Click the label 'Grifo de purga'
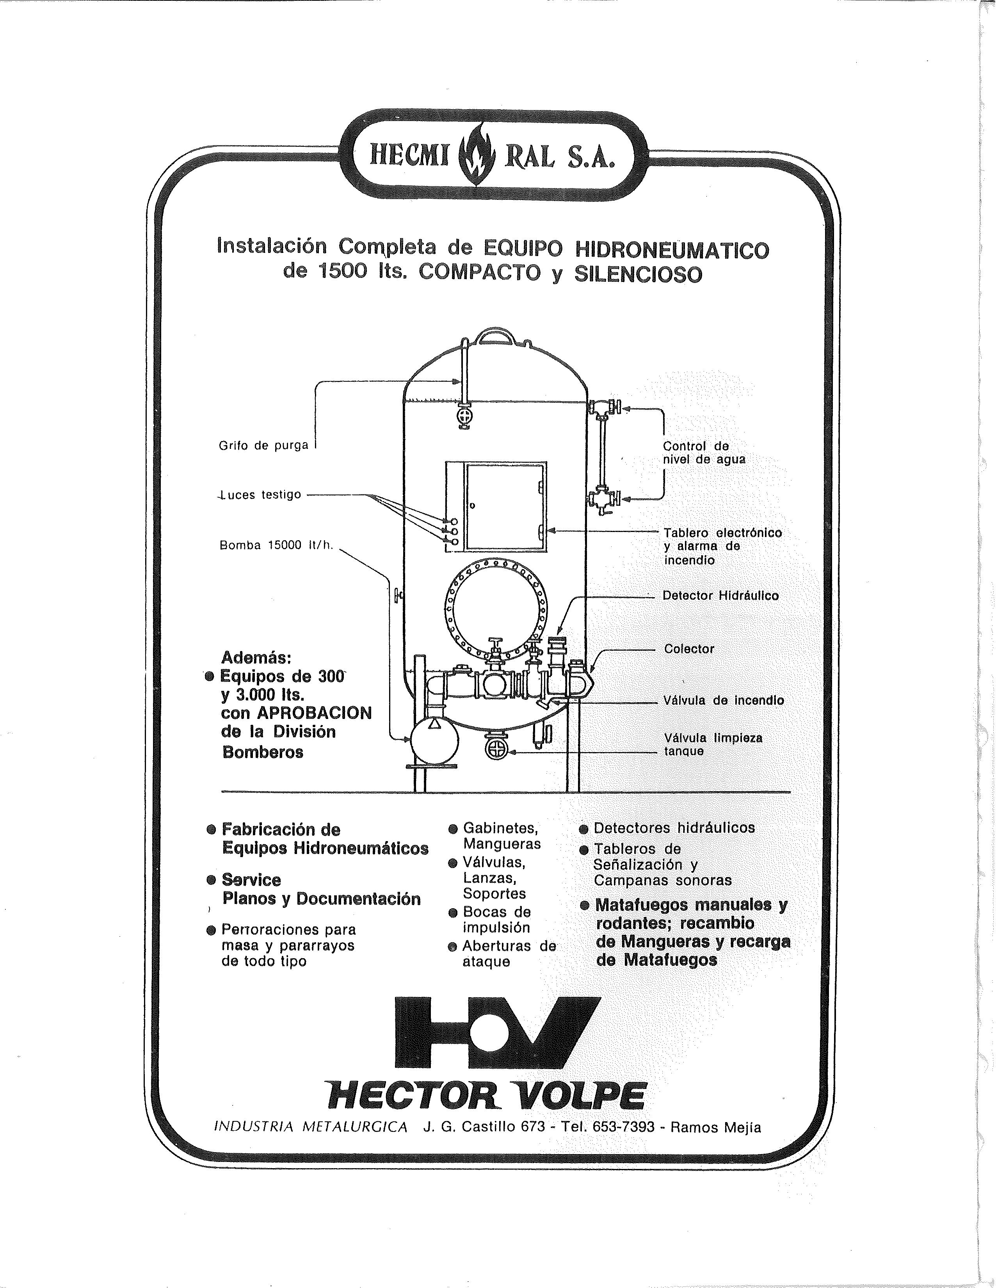click(x=263, y=446)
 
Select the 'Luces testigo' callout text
click(x=260, y=495)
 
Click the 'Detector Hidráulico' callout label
click(x=720, y=596)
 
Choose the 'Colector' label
click(x=689, y=649)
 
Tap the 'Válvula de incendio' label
click(x=724, y=701)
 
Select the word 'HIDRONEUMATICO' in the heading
click(x=672, y=250)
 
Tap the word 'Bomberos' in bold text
click(x=263, y=752)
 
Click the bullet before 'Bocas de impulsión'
click(x=453, y=913)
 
